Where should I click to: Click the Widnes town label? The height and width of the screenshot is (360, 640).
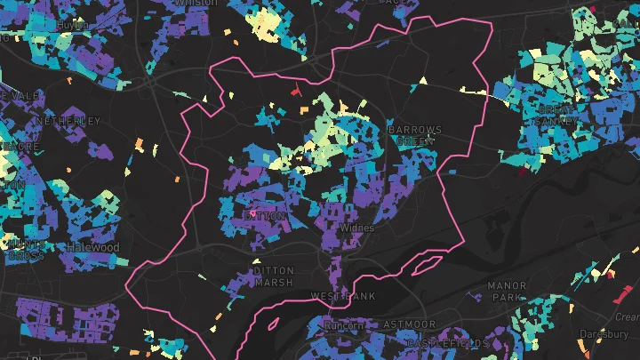coord(358,228)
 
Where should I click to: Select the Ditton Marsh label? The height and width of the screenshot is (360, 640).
coord(273,276)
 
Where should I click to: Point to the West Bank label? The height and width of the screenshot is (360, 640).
coord(343,295)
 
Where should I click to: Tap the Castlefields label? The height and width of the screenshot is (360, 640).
coord(447,343)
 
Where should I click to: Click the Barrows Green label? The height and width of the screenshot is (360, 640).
coord(415,135)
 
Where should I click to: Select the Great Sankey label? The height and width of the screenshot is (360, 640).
coord(557,116)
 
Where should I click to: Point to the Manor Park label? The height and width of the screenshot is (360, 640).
coord(507,292)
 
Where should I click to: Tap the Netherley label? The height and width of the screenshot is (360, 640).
coord(68,120)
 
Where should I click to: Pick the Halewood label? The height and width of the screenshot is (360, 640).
coord(93,246)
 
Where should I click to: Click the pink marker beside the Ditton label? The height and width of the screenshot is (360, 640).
coord(252,214)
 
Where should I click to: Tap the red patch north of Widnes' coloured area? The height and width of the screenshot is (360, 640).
coord(296,89)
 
